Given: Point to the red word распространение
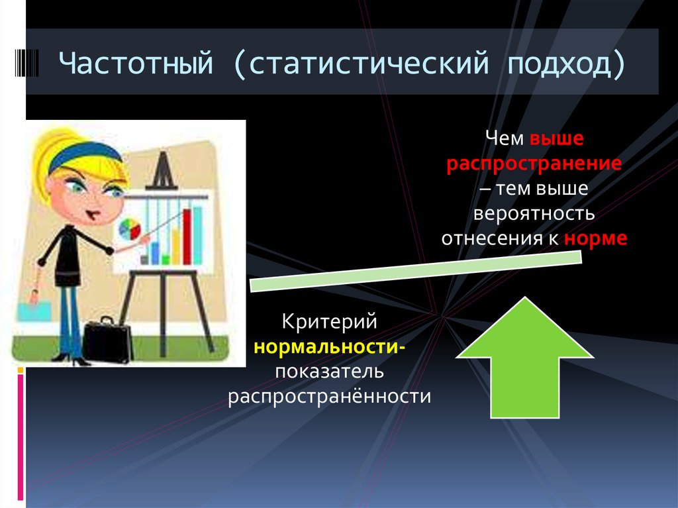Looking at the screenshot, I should pyautogui.click(x=534, y=164).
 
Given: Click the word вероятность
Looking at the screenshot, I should pyautogui.click(x=534, y=214).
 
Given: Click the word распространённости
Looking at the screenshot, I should pyautogui.click(x=330, y=396).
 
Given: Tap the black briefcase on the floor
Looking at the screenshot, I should pyautogui.click(x=107, y=338).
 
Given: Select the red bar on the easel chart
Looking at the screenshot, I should pyautogui.click(x=196, y=236).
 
